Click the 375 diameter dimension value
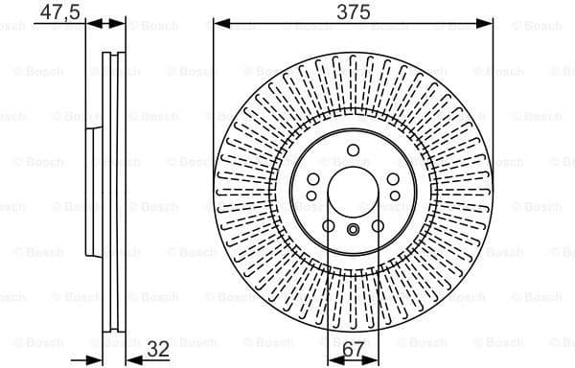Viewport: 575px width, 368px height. [353, 11]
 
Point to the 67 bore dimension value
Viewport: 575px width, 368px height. [354, 349]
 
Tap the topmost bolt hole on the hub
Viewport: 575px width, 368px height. [354, 149]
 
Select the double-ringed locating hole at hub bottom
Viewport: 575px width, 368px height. [354, 228]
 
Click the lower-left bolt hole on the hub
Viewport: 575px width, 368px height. [329, 226]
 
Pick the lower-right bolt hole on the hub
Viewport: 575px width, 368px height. [379, 226]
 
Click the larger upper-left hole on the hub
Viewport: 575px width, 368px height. [313, 179]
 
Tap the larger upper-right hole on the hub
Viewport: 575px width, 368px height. [394, 179]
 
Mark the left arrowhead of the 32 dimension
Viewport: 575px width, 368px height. [97, 359]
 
